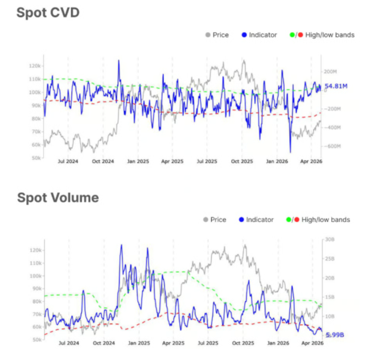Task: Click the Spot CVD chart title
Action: (47, 13)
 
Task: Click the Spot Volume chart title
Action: (57, 198)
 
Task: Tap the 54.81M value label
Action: (336, 86)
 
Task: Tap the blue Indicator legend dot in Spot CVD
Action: (244, 35)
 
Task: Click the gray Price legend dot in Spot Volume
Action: (206, 220)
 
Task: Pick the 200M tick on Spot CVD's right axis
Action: (330, 72)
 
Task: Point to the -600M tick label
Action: (332, 146)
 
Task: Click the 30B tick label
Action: (330, 239)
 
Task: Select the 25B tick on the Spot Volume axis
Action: (330, 259)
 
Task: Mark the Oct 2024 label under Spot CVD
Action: (103, 162)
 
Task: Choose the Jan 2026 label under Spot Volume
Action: (278, 343)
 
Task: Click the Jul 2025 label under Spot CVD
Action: (207, 162)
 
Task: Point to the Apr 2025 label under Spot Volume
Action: (173, 343)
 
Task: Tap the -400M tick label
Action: (332, 128)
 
